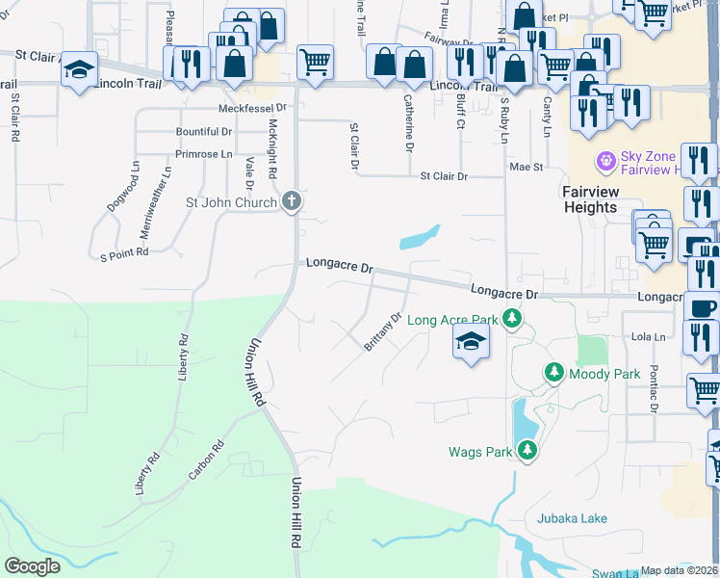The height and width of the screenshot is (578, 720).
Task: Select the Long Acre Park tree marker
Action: click(x=514, y=319)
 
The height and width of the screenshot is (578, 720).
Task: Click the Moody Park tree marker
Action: click(x=554, y=372)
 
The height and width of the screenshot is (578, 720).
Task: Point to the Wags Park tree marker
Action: click(x=527, y=450)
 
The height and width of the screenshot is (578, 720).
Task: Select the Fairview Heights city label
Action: click(x=590, y=199)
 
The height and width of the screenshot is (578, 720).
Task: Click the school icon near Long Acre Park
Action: click(x=471, y=341)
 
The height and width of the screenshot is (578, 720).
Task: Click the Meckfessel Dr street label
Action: click(x=253, y=108)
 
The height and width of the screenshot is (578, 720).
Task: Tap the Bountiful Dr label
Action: click(x=203, y=131)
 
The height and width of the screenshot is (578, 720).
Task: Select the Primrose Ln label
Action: click(x=203, y=153)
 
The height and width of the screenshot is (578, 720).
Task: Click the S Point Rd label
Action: click(x=124, y=252)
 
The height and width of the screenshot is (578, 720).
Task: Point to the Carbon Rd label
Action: click(x=206, y=460)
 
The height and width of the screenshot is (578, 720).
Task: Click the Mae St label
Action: click(x=527, y=167)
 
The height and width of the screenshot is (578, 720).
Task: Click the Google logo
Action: click(x=33, y=566)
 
